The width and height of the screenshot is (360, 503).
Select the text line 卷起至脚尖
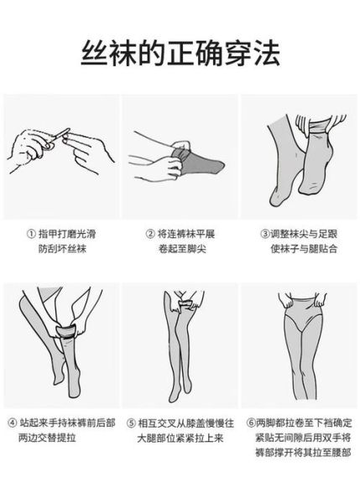coord(175,249)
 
